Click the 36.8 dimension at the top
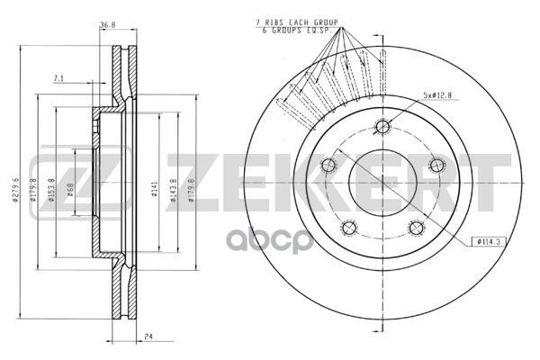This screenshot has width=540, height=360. (108, 26)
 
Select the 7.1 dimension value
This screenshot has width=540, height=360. (58, 80)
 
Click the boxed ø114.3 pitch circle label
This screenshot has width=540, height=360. (485, 241)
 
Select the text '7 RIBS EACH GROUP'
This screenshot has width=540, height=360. (297, 21)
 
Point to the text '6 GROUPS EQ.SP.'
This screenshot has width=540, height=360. (298, 30)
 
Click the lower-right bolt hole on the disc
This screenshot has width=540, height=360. (416, 228)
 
